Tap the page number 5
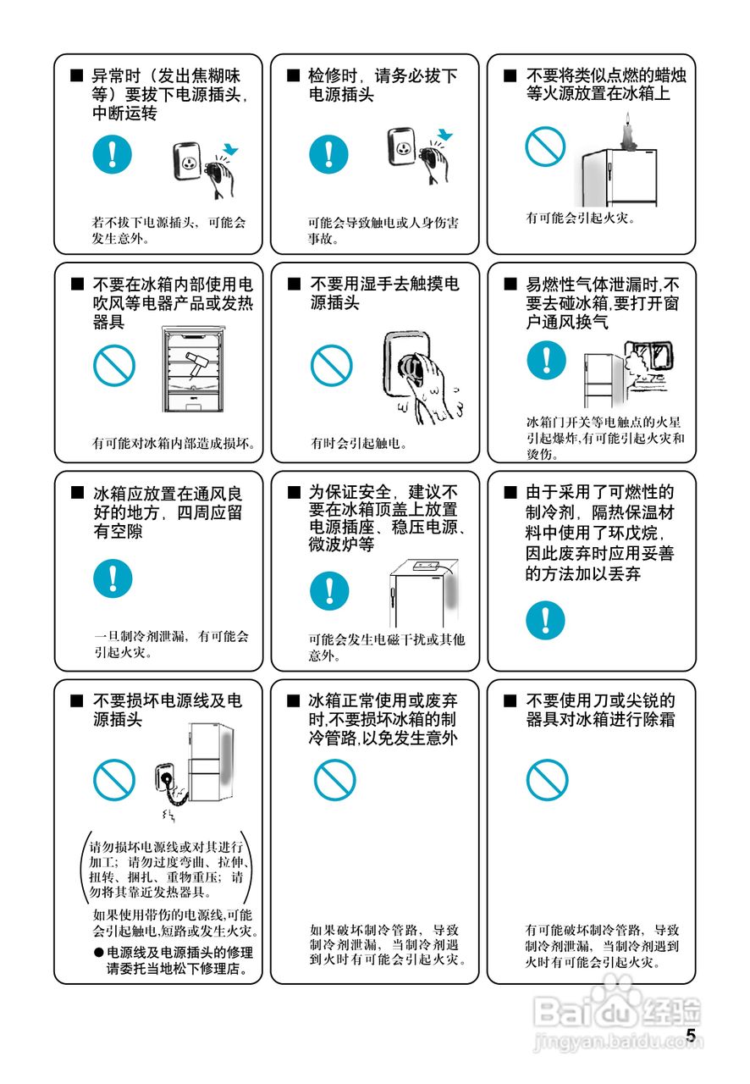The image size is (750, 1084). tap(691, 1036)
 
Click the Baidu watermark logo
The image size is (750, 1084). tap(617, 1011)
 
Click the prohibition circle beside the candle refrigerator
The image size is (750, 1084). tap(545, 147)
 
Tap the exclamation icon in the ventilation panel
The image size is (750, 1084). tap(113, 578)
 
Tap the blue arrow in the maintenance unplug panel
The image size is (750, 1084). tap(444, 134)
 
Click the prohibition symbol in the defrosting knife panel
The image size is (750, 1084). tap(547, 780)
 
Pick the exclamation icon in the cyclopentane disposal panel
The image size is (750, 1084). tap(545, 621)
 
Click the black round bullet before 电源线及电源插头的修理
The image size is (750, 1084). tap(99, 953)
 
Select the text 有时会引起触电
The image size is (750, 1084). tap(358, 443)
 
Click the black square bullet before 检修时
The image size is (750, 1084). tap(293, 75)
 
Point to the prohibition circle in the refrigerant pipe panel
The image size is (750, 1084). tap(335, 780)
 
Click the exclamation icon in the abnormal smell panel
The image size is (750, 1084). tap(113, 154)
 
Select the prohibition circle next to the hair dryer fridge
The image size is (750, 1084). tap(114, 365)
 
